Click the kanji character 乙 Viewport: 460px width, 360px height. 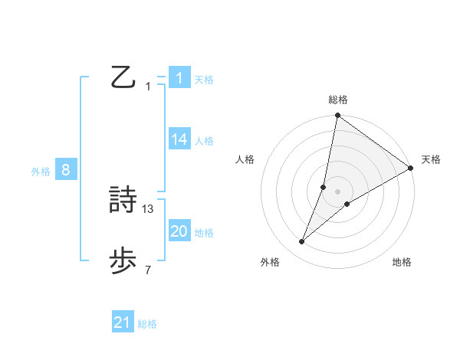(x=124, y=77)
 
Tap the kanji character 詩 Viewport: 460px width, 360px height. (x=124, y=201)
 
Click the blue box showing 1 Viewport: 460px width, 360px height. (x=179, y=78)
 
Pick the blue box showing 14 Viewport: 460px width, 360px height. (x=179, y=139)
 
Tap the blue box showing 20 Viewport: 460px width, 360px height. (x=179, y=231)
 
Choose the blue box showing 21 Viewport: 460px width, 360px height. (x=123, y=322)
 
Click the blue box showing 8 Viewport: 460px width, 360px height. (x=66, y=170)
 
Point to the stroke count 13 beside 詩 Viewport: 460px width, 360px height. (x=148, y=208)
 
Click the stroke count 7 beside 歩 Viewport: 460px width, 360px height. (x=148, y=270)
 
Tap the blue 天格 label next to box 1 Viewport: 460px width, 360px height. (x=203, y=80)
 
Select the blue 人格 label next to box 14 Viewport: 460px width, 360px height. (x=203, y=141)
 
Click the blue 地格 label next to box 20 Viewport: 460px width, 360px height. (x=203, y=233)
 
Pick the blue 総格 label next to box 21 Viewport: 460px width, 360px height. (x=147, y=324)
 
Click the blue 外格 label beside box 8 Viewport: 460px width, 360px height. (x=41, y=172)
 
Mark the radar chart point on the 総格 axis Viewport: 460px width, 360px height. (x=337, y=116)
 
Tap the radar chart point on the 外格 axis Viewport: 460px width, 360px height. (x=302, y=242)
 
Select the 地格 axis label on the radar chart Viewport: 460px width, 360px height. (x=402, y=263)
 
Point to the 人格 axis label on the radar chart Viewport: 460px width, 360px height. (x=245, y=159)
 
